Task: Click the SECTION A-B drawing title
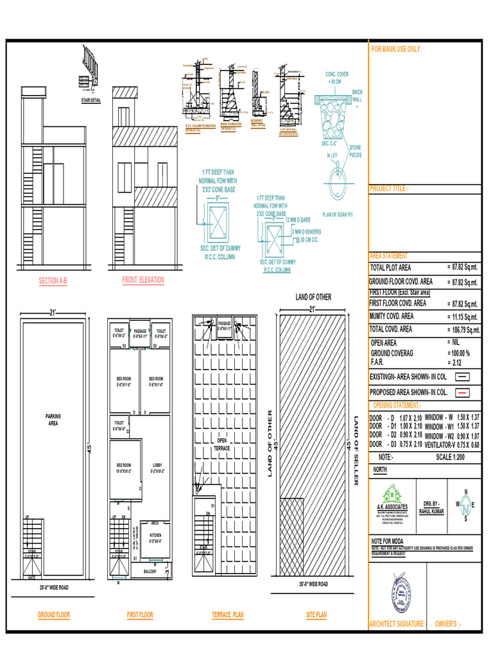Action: tap(53, 281)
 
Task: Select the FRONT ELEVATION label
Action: tap(143, 280)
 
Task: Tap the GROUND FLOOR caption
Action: tap(54, 615)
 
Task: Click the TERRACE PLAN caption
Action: tap(228, 615)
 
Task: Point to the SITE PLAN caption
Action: tap(316, 615)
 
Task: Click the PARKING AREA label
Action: tap(53, 420)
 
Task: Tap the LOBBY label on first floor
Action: tap(158, 468)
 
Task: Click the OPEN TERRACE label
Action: tap(221, 445)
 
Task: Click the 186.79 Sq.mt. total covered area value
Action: tap(463, 330)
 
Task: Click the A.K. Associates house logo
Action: tap(392, 494)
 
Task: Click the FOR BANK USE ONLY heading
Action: tap(396, 49)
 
